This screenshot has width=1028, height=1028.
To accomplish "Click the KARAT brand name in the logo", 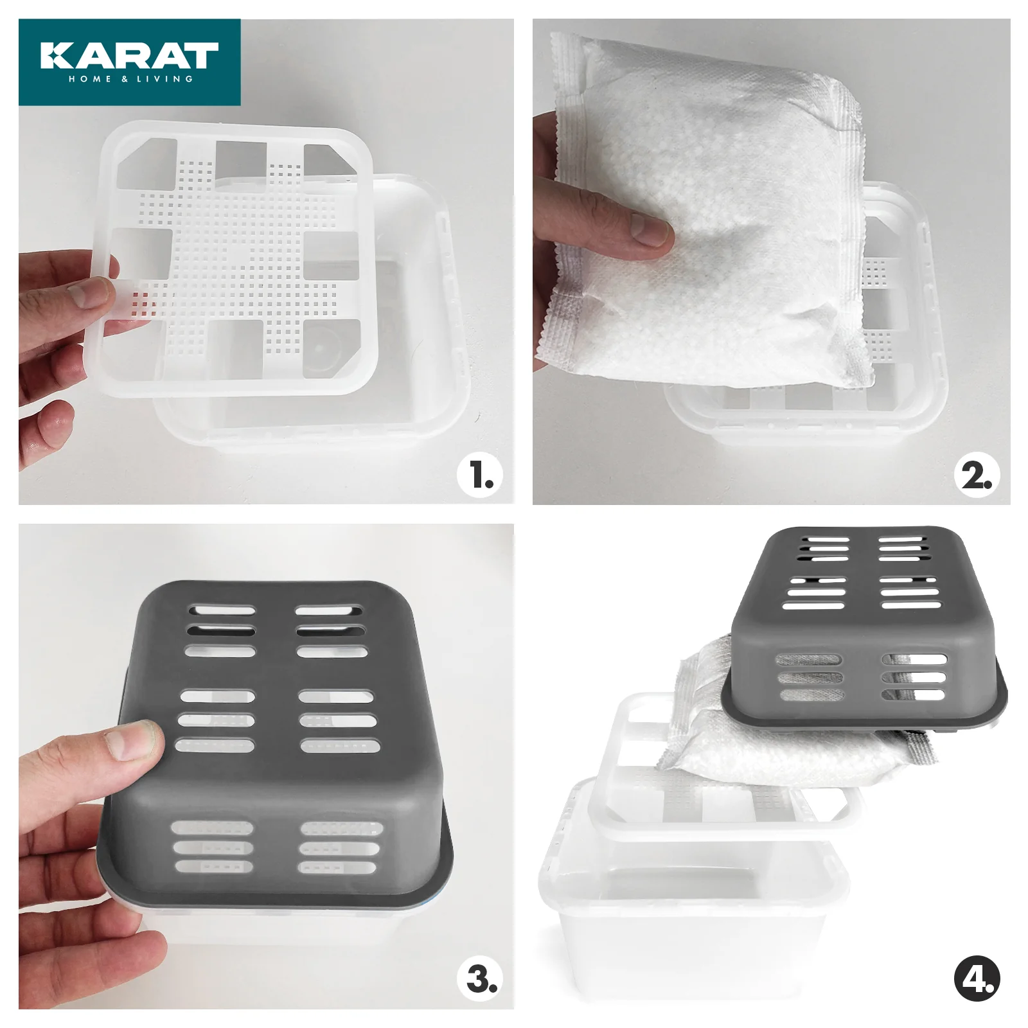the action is click(129, 55).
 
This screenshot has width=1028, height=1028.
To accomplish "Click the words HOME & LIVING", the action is click(130, 79).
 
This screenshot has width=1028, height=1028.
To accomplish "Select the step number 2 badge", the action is click(977, 476).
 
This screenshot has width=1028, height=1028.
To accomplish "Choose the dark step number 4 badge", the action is click(977, 979).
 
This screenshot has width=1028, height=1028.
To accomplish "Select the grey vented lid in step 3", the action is click(283, 745).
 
